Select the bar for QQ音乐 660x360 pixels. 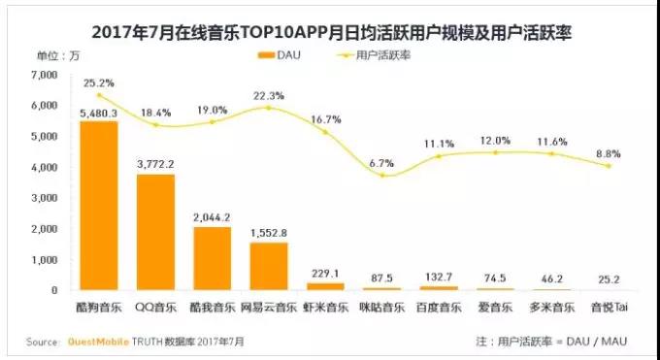point(155,232)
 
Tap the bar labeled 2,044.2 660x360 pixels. point(213,258)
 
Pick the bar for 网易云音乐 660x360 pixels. point(269,266)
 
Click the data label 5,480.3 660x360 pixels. point(98,113)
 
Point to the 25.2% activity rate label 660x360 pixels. point(98,82)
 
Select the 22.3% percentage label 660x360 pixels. point(269,94)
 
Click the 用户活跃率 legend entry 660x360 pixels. point(388,55)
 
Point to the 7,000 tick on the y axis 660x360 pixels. point(45,75)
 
